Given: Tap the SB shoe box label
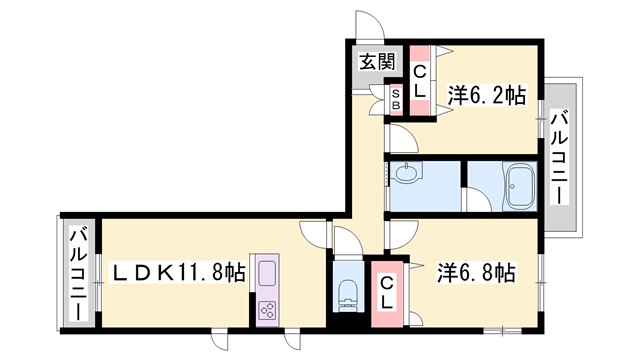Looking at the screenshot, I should coord(395,99).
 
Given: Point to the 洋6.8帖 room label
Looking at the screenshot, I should coord(476,271).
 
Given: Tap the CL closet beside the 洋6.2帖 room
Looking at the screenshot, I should coord(420,81).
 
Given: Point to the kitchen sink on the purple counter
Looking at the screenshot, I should coord(268,272).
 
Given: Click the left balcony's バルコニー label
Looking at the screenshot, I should coord(78,272).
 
